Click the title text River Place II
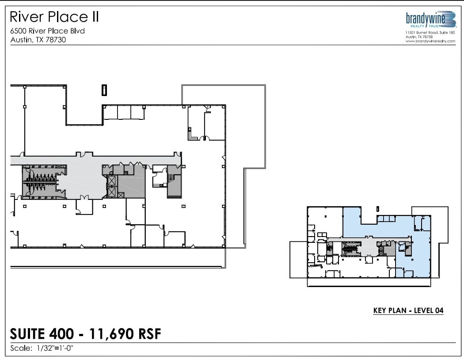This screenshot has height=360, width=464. tap(54, 17)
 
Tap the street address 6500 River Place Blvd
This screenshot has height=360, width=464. tap(47, 31)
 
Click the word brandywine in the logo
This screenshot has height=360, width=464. tap(425, 18)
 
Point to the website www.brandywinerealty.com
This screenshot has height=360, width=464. tap(430, 41)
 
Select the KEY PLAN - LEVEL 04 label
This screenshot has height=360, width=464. tap(408, 310)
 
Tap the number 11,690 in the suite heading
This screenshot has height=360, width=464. tap(111, 334)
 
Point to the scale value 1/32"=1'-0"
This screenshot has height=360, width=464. tap(52, 348)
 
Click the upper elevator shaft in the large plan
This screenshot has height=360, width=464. tap(112, 180)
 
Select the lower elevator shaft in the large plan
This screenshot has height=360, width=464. tap(112, 192)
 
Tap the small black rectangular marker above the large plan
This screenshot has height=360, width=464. tap(104, 90)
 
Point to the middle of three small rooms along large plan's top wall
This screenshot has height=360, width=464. tap(124, 113)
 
